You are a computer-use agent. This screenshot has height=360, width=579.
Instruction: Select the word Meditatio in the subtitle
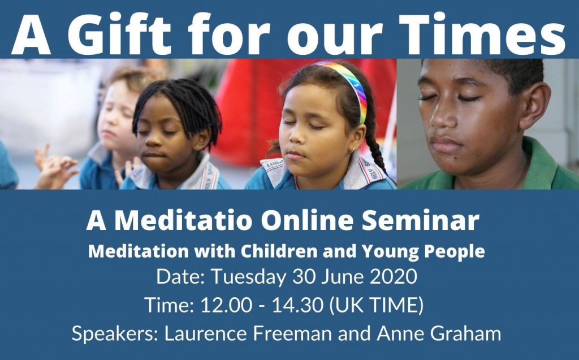click(x=183, y=221)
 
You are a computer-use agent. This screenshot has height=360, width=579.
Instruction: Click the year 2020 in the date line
click(x=394, y=276)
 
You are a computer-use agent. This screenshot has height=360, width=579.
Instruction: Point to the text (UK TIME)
click(x=375, y=306)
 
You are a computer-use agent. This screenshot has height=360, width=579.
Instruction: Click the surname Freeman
click(x=292, y=333)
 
